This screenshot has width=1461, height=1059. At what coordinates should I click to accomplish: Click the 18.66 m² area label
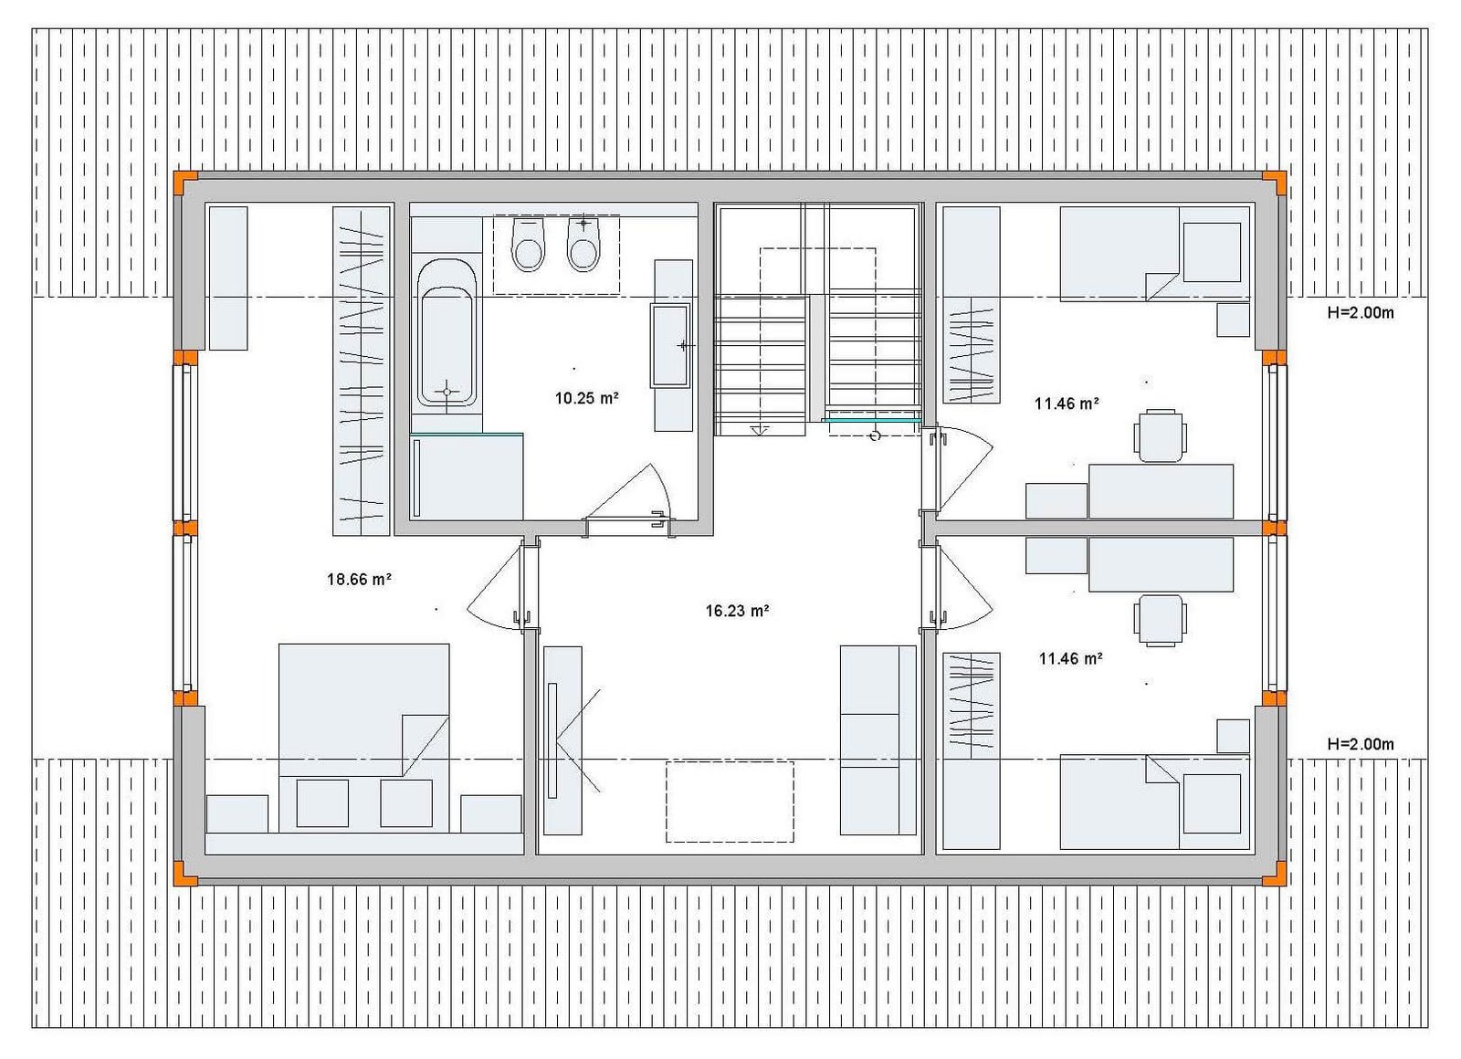[359, 579]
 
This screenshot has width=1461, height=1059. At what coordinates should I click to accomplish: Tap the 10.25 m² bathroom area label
[586, 397]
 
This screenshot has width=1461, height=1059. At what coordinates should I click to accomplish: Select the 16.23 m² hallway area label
[737, 611]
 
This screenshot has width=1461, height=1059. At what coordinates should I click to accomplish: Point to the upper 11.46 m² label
[1067, 403]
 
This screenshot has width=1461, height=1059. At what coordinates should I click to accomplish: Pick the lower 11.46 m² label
[1070, 658]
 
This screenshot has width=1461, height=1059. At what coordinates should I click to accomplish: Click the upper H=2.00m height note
[1361, 312]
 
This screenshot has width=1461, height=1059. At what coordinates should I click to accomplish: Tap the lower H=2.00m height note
[1361, 743]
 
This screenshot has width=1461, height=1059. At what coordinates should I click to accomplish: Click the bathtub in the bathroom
[447, 332]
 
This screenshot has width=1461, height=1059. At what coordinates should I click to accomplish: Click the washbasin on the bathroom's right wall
[671, 346]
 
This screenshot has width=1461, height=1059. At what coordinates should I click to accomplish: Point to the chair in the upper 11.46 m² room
[1160, 435]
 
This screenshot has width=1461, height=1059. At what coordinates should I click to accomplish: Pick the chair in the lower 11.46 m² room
[1160, 620]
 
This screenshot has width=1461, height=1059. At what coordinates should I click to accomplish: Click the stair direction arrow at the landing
[760, 429]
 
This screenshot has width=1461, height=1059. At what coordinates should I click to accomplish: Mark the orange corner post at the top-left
[186, 182]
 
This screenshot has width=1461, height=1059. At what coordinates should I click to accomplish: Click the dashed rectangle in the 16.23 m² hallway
[730, 802]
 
